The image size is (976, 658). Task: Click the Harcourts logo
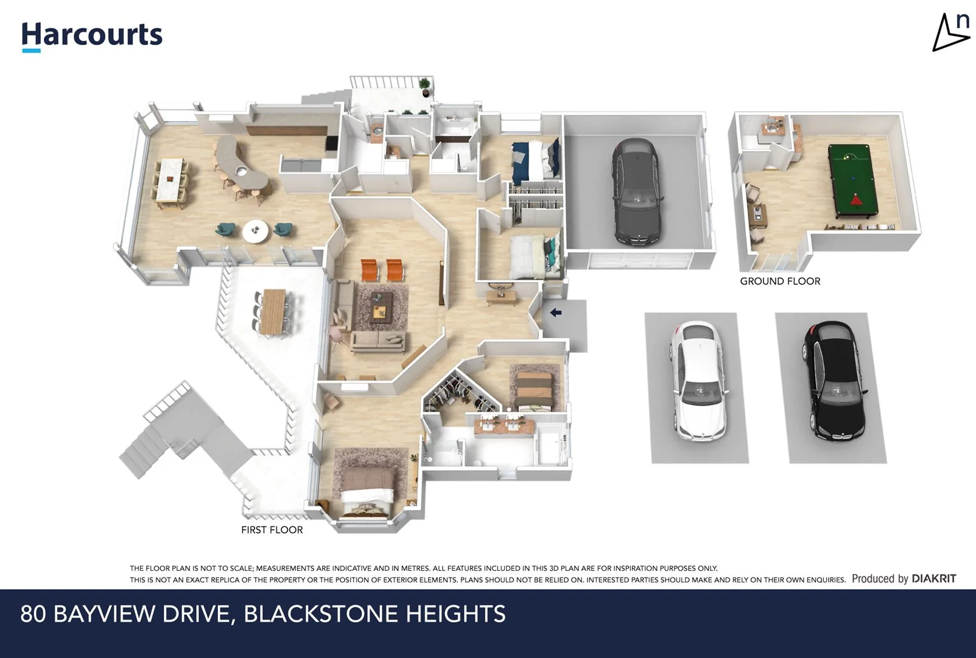[x=92, y=35]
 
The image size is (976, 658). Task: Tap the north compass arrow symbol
[x=950, y=34]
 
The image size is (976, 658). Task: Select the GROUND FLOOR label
[x=780, y=281]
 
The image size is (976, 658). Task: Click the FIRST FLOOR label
[x=272, y=529]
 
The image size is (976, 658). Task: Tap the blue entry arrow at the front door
[x=555, y=313]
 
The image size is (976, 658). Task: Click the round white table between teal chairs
[x=255, y=230]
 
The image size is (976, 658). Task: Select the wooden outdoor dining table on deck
[x=273, y=311]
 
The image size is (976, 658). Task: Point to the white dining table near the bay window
[x=170, y=179]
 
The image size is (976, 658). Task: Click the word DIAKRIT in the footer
[x=933, y=578]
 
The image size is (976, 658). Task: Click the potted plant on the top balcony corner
[x=424, y=86]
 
